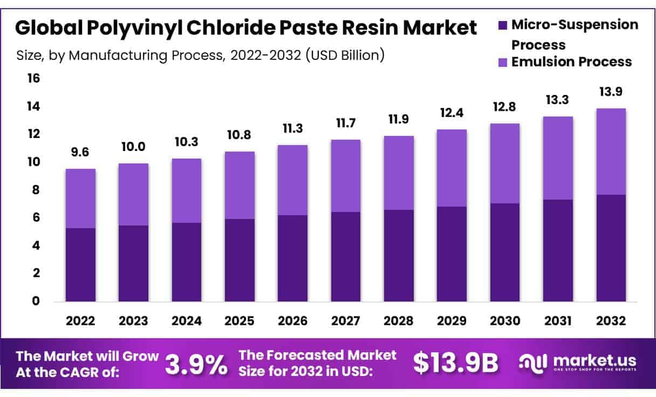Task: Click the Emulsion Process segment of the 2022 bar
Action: [80, 198]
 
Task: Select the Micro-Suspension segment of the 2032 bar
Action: [611, 248]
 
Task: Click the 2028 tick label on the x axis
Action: [399, 321]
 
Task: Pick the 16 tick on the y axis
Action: [33, 79]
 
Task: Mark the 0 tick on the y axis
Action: [36, 301]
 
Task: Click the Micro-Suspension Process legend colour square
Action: [503, 25]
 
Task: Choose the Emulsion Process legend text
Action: [571, 62]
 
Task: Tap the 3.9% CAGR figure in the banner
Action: [196, 365]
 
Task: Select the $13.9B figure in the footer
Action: [456, 364]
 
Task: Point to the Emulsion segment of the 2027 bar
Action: [345, 176]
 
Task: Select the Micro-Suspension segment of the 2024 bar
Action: [186, 262]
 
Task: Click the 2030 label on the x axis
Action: [504, 321]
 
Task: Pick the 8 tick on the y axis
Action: [36, 190]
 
